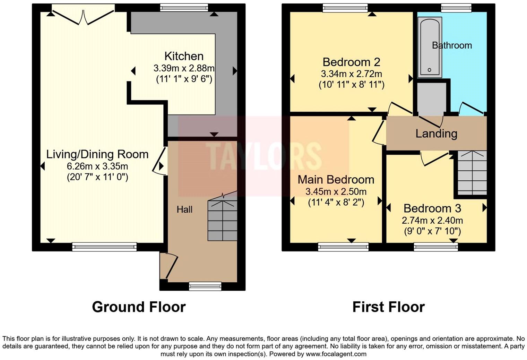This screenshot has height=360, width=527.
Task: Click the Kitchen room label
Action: pos(184,56)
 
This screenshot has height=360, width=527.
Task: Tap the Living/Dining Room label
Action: pos(97,154)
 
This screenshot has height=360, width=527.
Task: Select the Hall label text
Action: pos(184,209)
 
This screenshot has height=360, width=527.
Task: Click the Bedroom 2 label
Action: pos(351,62)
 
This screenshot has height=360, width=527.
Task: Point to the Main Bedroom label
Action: pos(336,180)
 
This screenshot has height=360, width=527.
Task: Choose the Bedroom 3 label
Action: pos(432,208)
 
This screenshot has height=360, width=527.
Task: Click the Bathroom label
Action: pos(451,45)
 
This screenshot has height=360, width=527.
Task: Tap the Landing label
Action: pos(436,134)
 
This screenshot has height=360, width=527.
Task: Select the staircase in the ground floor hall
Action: pos(222,220)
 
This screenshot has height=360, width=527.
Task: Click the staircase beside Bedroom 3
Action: pos(472,173)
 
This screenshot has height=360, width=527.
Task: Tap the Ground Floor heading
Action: pos(139,307)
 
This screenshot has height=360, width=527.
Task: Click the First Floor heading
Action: pos(388,307)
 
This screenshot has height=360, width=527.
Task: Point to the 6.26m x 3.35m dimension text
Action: pos(97,166)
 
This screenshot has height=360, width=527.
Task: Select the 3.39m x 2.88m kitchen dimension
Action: pos(184,68)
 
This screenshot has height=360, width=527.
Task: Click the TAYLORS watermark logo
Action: pos(263,156)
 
